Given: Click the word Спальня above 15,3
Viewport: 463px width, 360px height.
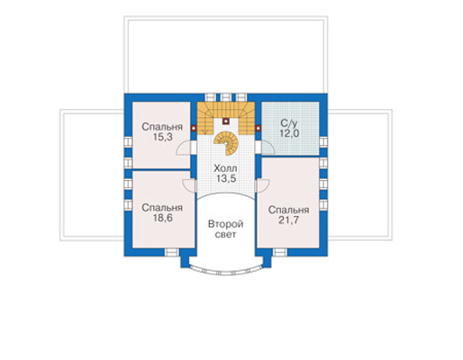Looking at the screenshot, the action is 162,127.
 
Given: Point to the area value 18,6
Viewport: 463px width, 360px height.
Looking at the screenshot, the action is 163,218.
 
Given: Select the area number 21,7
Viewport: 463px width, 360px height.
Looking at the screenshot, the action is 288,220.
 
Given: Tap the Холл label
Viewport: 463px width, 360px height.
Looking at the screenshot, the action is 225,168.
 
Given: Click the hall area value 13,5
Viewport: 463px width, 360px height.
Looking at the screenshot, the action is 226,178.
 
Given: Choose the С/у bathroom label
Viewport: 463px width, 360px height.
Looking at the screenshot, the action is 290,123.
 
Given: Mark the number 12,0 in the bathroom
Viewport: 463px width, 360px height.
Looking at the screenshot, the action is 290,133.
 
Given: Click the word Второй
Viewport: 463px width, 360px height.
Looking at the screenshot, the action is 226,224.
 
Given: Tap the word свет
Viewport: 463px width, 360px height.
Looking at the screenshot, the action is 226,235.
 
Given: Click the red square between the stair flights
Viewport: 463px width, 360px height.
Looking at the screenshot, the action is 226,121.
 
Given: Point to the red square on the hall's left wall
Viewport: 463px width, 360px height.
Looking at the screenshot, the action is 194,129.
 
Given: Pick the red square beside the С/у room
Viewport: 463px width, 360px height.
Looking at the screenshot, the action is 258,129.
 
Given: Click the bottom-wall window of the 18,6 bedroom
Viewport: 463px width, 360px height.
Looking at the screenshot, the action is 172,252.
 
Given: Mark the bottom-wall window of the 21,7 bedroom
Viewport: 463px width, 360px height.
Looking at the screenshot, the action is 280,252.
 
